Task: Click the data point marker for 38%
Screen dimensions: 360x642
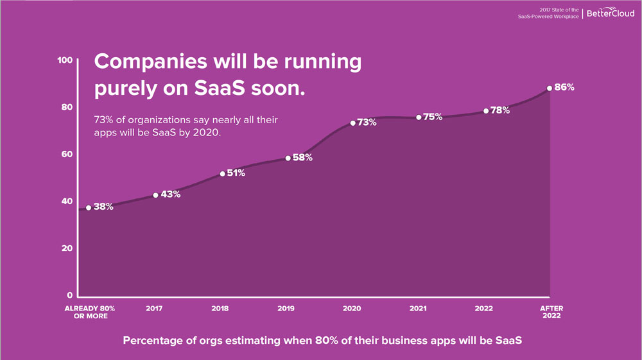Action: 89,207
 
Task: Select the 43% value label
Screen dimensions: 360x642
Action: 170,194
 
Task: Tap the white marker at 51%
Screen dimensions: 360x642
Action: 222,173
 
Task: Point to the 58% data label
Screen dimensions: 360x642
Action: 302,157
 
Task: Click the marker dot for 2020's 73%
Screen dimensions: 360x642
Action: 352,123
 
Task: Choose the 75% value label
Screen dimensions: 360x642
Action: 433,116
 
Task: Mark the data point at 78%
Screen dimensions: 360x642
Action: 486,110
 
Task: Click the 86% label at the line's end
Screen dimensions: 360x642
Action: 564,87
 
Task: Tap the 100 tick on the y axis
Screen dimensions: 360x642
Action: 64,60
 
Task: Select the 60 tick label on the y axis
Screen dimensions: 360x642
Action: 66,154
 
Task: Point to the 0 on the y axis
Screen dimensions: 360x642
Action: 69,295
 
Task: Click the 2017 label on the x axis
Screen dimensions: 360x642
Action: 154,309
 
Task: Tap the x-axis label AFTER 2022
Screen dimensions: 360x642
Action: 551,313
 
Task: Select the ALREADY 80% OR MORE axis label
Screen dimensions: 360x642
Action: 89,313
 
